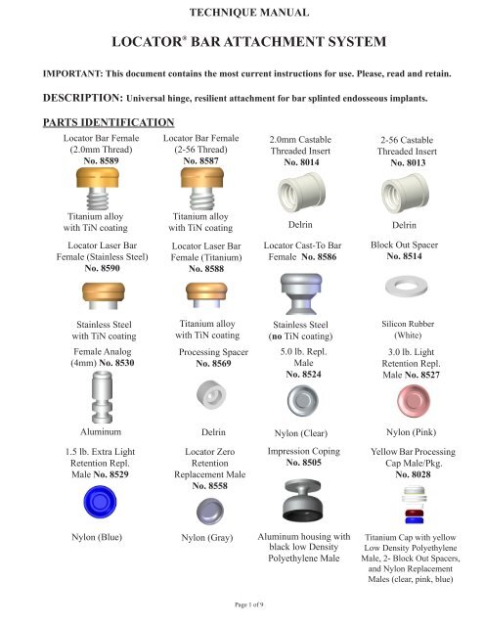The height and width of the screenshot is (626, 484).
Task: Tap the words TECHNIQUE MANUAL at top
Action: (x=242, y=13)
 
